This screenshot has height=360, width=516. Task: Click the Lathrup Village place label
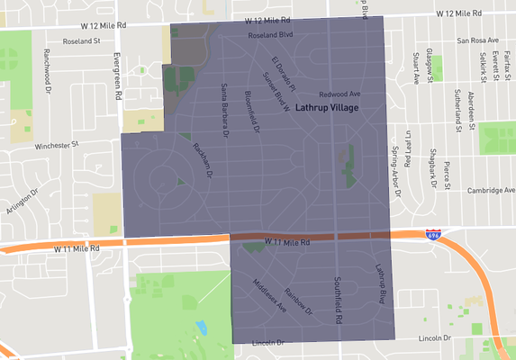click(x=327, y=108)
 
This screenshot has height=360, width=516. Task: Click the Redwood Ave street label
click(x=339, y=94)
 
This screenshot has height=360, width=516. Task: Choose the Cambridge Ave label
click(x=491, y=190)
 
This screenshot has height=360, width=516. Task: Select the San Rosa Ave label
click(x=483, y=40)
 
